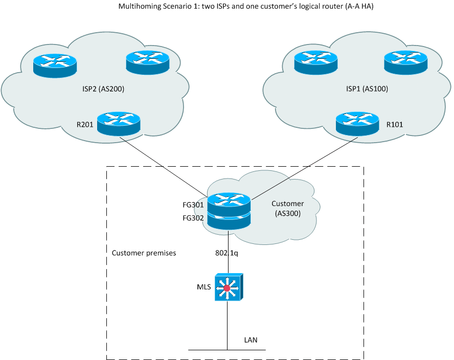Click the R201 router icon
coord(118,123)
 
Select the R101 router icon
coord(357,123)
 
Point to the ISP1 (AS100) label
coord(367,88)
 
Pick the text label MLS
coord(204,287)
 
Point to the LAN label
coord(251,339)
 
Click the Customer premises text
coord(144,253)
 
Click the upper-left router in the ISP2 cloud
coord(55,65)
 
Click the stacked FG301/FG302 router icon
coord(229,210)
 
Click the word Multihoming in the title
coord(138,7)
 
